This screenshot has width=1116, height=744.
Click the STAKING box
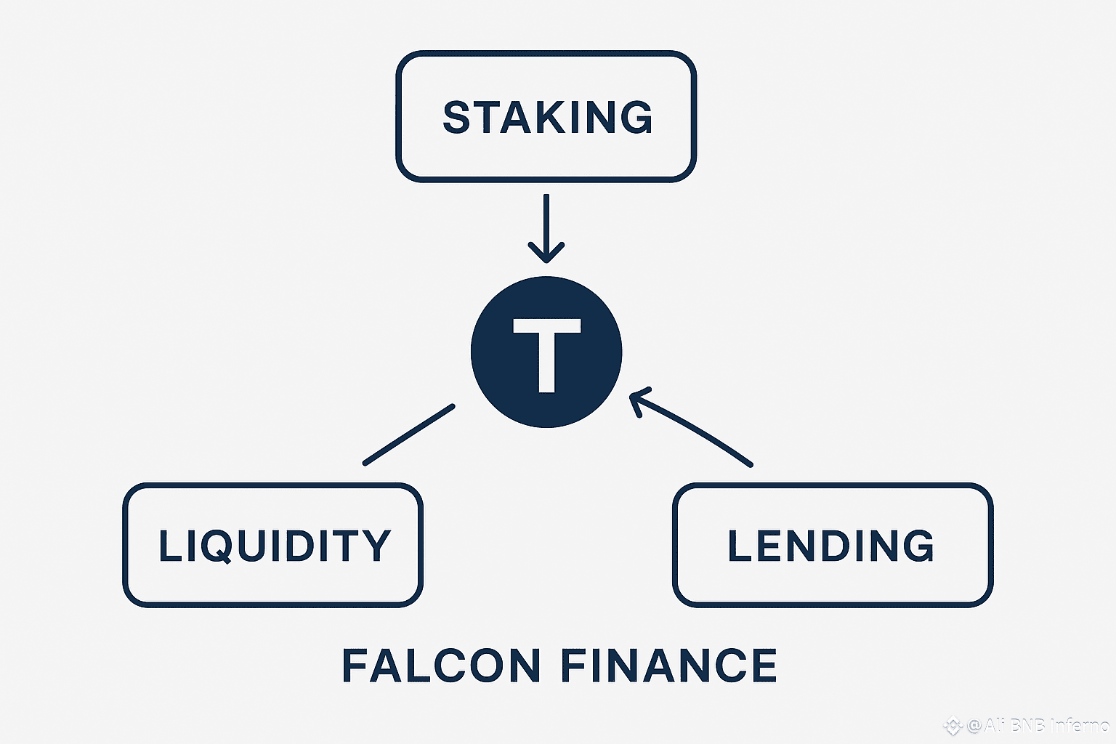546,116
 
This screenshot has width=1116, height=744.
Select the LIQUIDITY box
273,545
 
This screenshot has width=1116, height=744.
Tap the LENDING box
832,545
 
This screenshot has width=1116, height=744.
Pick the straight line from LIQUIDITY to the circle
409,434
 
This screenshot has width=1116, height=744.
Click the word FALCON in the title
441,666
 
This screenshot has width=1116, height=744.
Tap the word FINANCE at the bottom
668,666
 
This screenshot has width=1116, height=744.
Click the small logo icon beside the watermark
952,725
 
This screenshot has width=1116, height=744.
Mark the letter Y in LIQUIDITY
376,546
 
